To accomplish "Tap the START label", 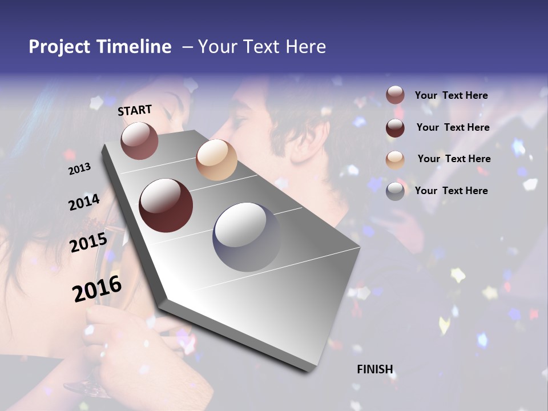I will coord(135,110).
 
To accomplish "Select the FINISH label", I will coord(375,369).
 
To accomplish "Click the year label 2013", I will coord(80,168).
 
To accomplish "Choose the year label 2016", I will coord(97,289).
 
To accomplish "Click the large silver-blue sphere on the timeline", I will coord(247,236).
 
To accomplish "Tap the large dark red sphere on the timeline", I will coord(166,205).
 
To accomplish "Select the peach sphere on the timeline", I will coord(216,159).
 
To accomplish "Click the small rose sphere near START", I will coord(139,140).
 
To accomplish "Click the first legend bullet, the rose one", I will coord(395,95).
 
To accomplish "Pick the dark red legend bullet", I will coord(395,127).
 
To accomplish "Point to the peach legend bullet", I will coord(395,159).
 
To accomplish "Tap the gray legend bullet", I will coord(395,191).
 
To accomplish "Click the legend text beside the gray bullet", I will coord(451,191).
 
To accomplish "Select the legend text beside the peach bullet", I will coord(454,159).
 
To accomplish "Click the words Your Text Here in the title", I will coord(261,47).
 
